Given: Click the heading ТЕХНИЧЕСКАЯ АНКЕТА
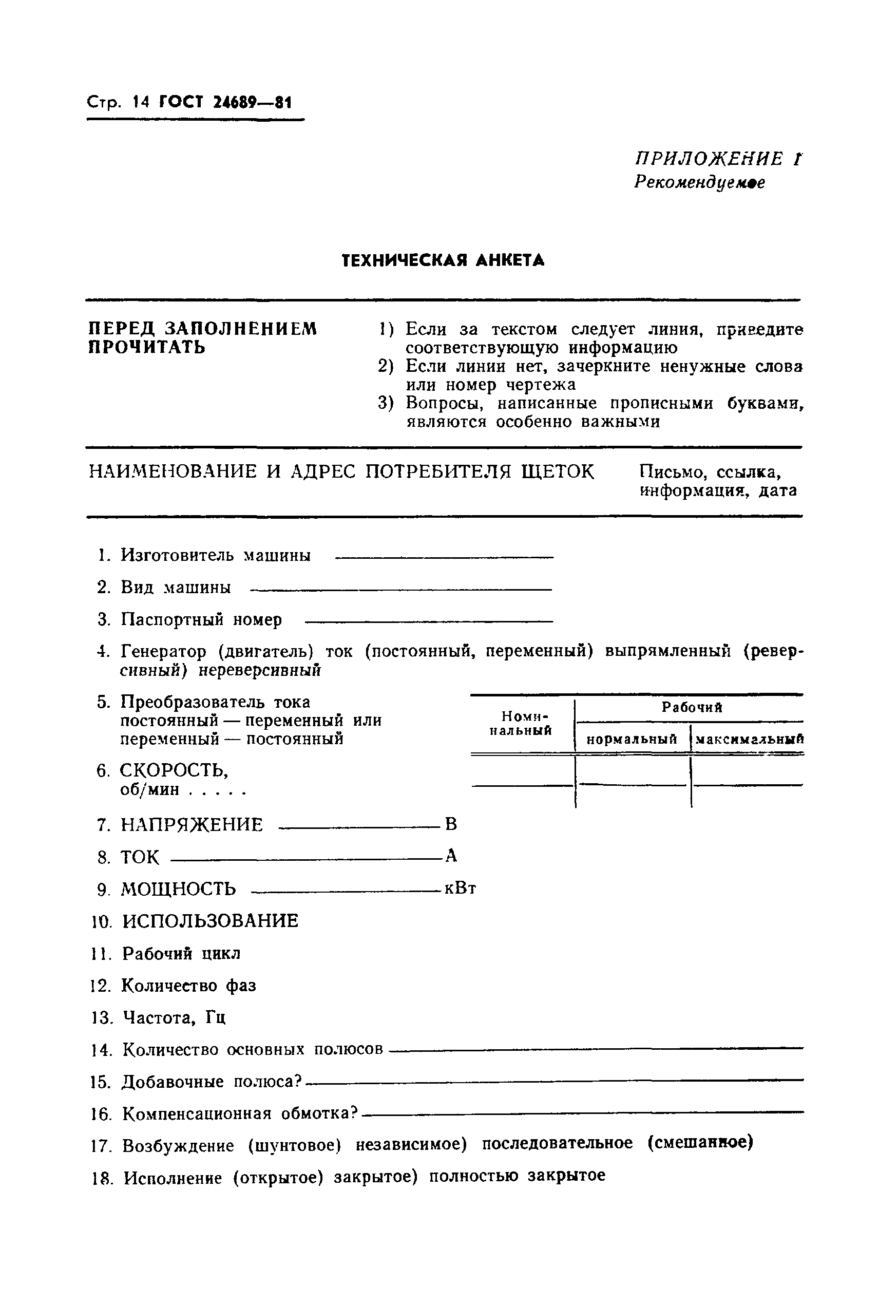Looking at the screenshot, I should pos(443,261).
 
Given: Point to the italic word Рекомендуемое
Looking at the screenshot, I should pos(699,183).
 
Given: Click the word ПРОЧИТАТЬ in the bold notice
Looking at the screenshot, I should pos(147,348).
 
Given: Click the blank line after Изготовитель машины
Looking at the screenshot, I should pos(444,557).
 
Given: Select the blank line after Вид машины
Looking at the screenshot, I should pos(401,589).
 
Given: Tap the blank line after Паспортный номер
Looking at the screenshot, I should pos(428,620).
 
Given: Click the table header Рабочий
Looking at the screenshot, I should pos(692,708).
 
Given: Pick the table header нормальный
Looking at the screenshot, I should pos(632,740).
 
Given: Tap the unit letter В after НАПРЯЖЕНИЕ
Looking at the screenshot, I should pos(451,824).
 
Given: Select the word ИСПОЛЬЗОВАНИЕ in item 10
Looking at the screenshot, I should pos(210,921).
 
